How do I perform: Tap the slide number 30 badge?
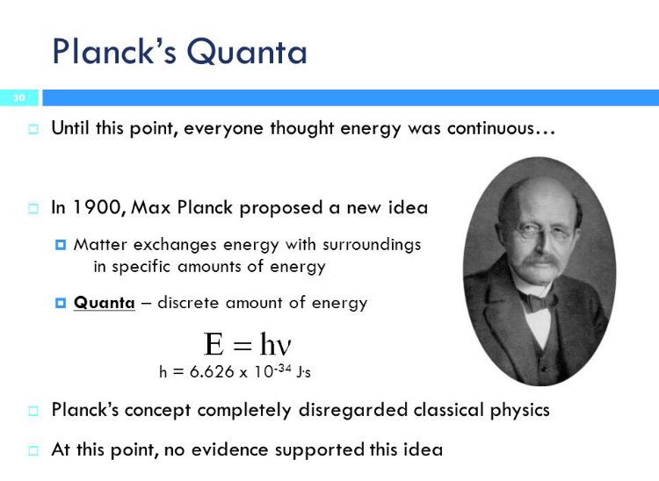[18, 97]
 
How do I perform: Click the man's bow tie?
[538, 301]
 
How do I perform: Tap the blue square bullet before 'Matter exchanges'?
[61, 245]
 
